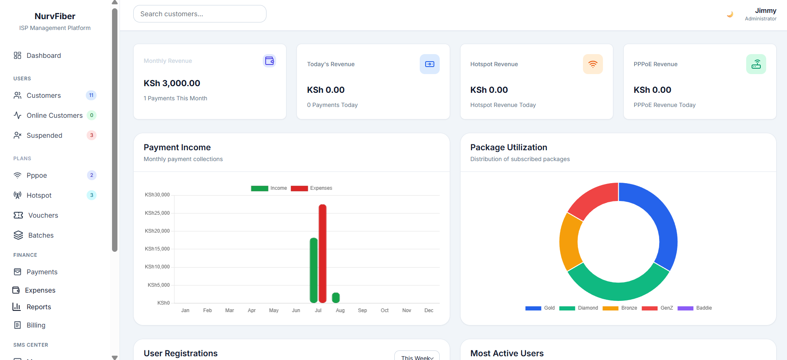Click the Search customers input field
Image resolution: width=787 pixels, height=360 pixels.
199,14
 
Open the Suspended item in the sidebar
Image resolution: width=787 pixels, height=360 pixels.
44,135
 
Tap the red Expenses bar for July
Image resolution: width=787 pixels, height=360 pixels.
322,253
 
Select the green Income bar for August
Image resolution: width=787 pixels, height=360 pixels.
336,298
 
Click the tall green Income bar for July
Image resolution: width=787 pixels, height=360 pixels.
314,270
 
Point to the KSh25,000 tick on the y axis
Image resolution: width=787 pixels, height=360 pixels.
157,213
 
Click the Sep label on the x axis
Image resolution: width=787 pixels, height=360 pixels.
362,310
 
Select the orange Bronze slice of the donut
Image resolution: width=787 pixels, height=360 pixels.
569,241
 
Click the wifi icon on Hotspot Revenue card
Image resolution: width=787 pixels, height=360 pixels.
593,64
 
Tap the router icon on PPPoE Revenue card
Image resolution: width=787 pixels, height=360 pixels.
756,64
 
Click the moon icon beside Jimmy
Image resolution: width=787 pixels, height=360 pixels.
730,14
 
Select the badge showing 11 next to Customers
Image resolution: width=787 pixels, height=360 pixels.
91,95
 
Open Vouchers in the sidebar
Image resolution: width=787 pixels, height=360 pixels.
36,215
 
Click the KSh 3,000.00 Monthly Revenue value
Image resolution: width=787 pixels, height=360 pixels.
172,83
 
